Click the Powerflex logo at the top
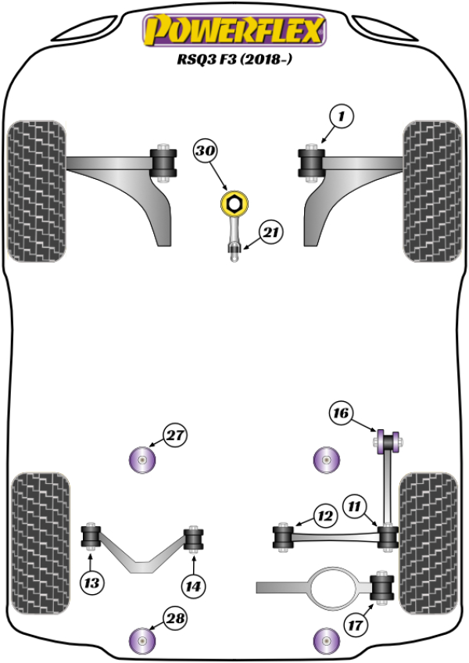[232, 31]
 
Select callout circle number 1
[341, 118]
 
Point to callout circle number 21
[270, 232]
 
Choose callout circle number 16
[341, 414]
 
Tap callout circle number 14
[193, 582]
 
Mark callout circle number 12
[324, 515]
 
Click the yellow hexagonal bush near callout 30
[233, 206]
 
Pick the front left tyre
[36, 191]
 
